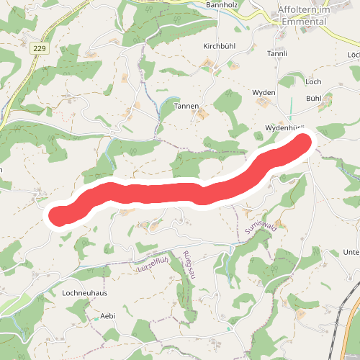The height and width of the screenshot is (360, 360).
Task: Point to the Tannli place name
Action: (277, 54)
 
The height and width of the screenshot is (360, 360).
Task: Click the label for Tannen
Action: (186, 106)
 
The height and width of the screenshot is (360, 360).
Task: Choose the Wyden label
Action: (264, 93)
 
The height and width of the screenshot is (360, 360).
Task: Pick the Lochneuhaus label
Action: (85, 294)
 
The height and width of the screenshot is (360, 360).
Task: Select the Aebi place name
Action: (108, 315)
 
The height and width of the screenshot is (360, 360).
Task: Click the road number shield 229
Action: (39, 48)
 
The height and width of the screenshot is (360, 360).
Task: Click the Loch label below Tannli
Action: (313, 81)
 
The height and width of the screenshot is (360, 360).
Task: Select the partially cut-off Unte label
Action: (351, 252)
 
